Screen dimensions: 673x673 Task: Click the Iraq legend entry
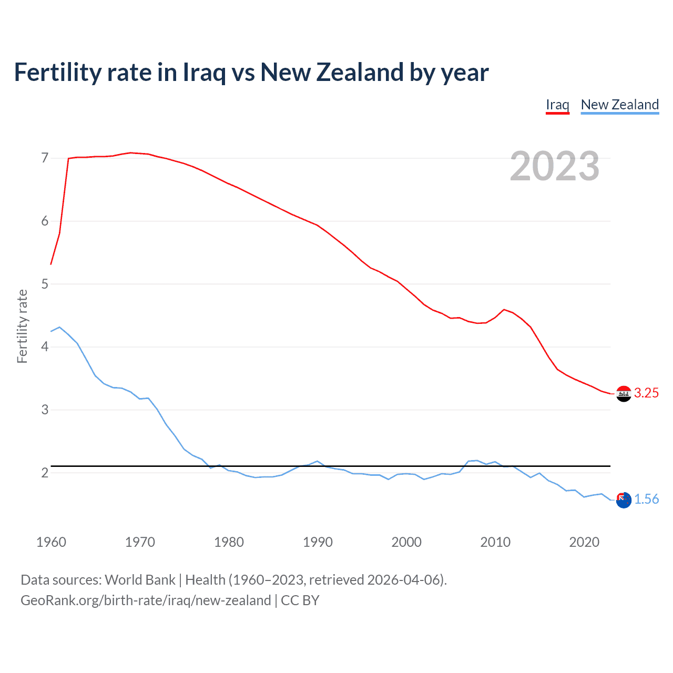[557, 105]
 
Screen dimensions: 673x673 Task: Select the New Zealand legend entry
[619, 105]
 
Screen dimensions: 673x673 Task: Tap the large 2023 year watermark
[554, 166]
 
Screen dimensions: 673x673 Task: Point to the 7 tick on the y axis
[45, 158]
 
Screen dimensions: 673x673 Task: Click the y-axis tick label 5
[45, 284]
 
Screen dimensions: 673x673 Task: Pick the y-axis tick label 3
[45, 410]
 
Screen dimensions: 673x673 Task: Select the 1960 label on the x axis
[51, 542]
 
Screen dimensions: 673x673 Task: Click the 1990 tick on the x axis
[318, 542]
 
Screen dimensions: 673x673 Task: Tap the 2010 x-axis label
[495, 542]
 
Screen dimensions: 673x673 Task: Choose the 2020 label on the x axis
[584, 542]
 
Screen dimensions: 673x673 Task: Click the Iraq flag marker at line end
[624, 393]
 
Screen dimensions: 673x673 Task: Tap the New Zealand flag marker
[624, 500]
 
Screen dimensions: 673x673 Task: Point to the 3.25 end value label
[646, 393]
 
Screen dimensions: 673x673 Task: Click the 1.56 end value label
[646, 499]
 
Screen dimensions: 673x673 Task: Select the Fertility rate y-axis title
[22, 326]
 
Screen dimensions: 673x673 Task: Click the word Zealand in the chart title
[360, 72]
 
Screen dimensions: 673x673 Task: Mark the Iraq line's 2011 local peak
[504, 310]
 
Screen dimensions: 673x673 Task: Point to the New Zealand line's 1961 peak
[59, 327]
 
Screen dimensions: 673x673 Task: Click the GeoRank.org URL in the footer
[146, 600]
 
